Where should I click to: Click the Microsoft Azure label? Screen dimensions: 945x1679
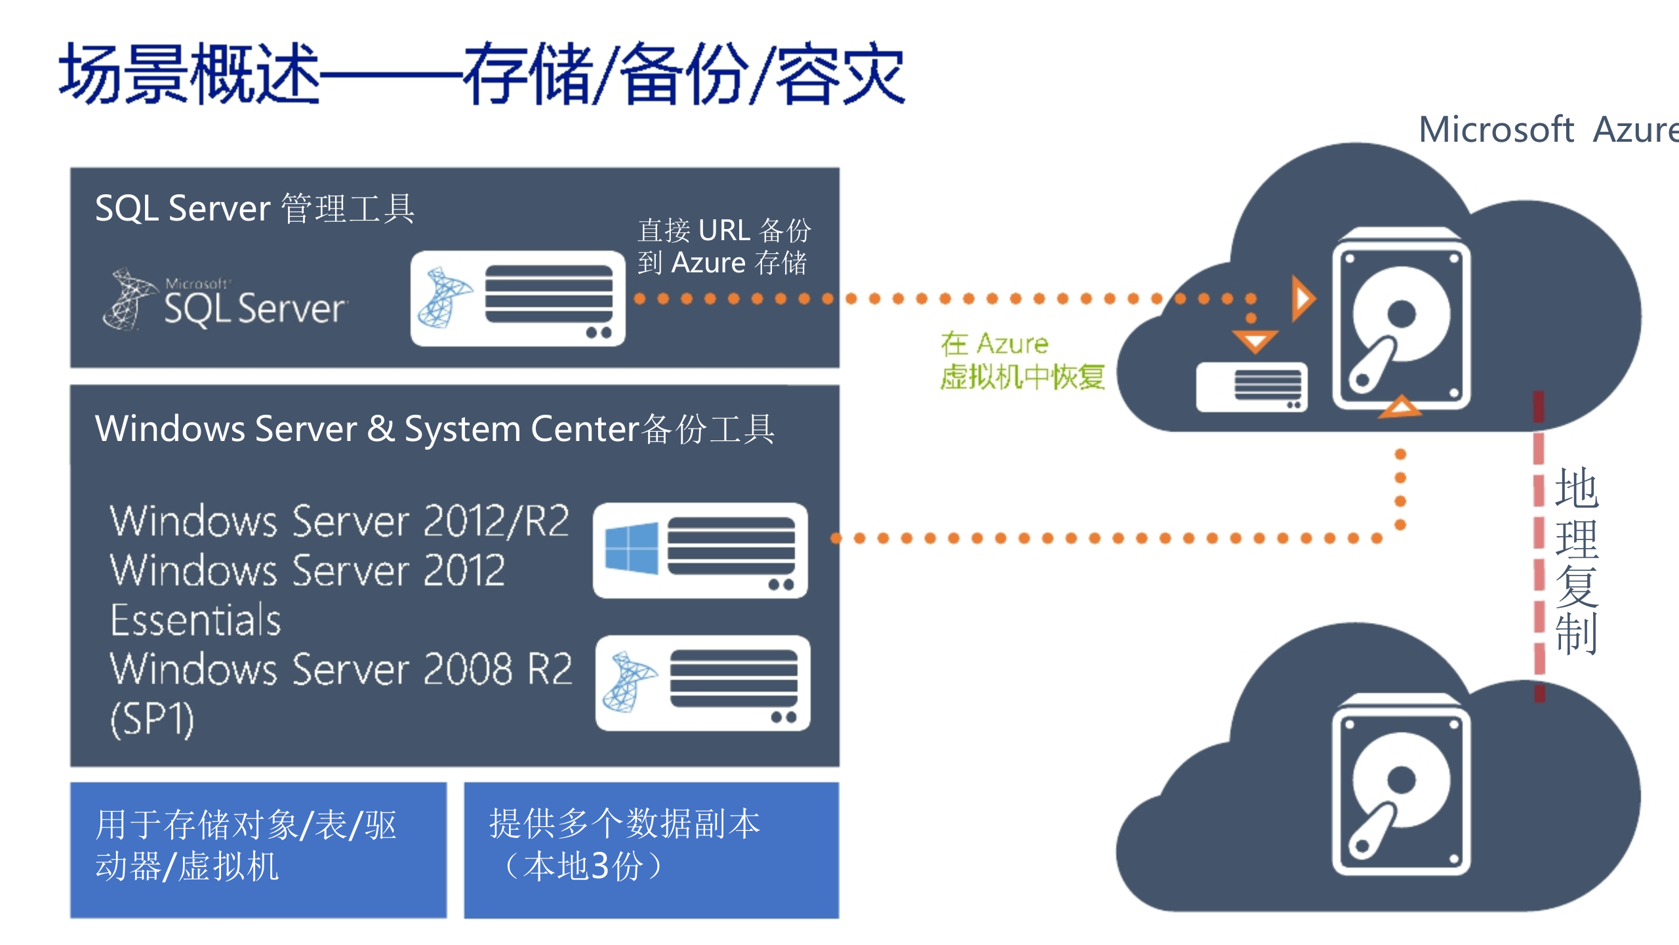point(1548,129)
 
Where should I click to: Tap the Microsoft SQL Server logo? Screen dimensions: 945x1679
point(226,300)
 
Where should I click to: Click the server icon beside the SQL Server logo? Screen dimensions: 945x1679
point(517,299)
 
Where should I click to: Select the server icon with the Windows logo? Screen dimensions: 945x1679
point(700,551)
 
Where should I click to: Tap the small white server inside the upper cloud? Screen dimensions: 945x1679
point(1251,387)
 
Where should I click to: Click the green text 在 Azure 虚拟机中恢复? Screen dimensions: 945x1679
point(1021,361)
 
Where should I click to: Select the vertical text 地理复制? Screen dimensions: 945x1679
point(1577,561)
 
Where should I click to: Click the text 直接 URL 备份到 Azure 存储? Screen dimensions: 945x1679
point(723,247)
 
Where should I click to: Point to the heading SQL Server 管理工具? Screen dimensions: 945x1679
point(254,209)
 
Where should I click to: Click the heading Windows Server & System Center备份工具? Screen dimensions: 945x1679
point(434,429)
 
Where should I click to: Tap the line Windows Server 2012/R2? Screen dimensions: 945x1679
point(339,522)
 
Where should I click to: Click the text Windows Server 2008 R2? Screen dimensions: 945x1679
point(341,669)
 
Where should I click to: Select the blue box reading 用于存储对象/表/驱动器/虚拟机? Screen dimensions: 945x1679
point(258,849)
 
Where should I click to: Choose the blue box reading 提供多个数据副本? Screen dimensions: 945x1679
point(651,849)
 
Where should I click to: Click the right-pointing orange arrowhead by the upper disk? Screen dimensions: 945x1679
point(1302,299)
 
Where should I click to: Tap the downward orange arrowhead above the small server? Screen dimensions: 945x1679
point(1254,341)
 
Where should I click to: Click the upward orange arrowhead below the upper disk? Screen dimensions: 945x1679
point(1400,407)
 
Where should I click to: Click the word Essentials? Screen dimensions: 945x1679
point(195,620)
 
